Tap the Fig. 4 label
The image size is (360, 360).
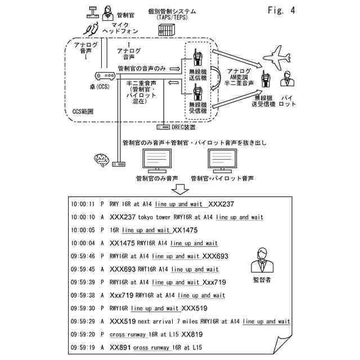tap(279, 11)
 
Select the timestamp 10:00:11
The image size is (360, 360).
tap(83, 204)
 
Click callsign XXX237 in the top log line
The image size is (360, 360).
tap(220, 204)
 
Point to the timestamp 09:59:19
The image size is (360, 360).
tap(83, 348)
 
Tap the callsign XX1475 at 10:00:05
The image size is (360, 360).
tap(186, 230)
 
